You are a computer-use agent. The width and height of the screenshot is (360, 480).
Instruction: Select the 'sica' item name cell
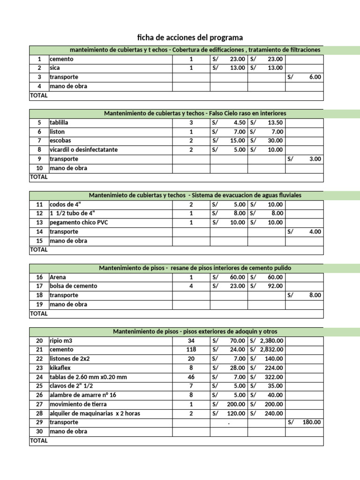55,68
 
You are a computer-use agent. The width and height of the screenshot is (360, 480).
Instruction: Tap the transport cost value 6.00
315,77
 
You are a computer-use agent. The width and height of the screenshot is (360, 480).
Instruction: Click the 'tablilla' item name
58,122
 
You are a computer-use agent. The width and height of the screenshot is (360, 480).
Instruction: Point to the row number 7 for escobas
39,141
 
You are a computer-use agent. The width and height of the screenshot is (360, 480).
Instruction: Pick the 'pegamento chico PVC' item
79,223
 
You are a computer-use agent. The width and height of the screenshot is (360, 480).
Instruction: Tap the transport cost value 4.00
315,232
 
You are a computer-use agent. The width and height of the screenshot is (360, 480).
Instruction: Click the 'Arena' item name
58,277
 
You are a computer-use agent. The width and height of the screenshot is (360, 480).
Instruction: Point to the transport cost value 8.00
315,295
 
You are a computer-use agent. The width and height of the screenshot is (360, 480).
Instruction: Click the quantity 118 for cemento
191,350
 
